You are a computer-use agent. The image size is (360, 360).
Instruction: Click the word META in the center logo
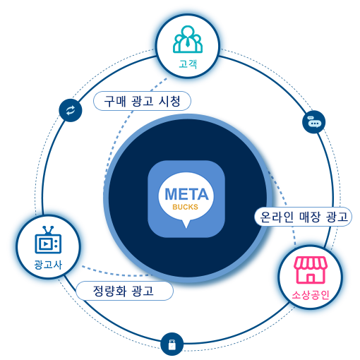[186, 194]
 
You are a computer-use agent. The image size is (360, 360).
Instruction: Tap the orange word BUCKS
[186, 207]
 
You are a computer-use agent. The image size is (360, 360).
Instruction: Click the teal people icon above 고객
[188, 39]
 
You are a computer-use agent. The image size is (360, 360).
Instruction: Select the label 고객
[188, 64]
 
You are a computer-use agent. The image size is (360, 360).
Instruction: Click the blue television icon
[48, 240]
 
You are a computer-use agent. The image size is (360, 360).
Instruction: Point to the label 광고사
[48, 265]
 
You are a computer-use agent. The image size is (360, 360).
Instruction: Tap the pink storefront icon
[311, 270]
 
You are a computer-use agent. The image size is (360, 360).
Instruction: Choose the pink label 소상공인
[311, 295]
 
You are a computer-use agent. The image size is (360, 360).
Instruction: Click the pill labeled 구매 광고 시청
[142, 101]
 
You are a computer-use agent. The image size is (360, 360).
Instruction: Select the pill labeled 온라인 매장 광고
[303, 217]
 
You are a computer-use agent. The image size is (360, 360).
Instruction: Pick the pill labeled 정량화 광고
[125, 291]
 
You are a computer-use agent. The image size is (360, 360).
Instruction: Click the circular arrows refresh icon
[71, 110]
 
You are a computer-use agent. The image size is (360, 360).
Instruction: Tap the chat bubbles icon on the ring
[314, 122]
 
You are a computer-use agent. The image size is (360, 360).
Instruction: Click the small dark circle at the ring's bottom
[172, 344]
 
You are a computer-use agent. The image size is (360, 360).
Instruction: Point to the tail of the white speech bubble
[186, 224]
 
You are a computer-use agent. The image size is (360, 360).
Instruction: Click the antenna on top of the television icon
[48, 230]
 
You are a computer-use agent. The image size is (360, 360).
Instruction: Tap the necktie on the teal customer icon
[188, 42]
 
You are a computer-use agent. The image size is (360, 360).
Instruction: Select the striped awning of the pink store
[311, 263]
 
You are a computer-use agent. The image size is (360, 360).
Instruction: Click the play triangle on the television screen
[46, 244]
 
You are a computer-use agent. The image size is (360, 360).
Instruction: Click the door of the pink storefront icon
[311, 278]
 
